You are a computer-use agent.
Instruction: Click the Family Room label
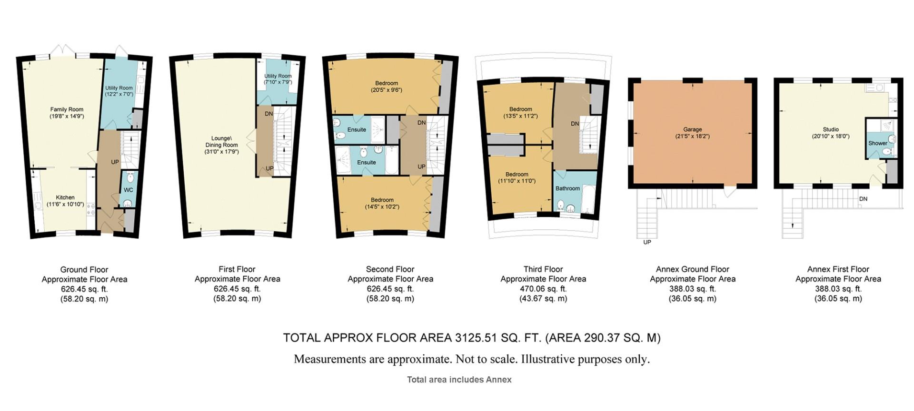(x=67, y=109)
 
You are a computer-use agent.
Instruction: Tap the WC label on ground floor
(x=128, y=190)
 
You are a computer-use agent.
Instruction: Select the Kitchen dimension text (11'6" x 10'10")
(x=65, y=205)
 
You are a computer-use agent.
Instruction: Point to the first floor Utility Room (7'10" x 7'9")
(x=278, y=79)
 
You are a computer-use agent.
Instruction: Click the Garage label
(x=692, y=129)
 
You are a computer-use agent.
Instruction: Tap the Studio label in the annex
(x=831, y=129)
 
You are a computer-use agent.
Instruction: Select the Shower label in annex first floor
(x=877, y=143)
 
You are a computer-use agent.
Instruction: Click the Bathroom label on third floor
(x=567, y=188)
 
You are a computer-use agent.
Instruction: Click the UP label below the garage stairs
(x=647, y=242)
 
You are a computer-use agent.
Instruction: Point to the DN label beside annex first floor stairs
(x=863, y=199)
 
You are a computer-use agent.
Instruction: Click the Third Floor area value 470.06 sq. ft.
(x=543, y=289)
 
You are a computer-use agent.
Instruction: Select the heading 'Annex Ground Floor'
(x=692, y=269)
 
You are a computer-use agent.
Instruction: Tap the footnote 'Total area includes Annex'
(x=459, y=380)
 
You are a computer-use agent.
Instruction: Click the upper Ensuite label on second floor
(x=357, y=129)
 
